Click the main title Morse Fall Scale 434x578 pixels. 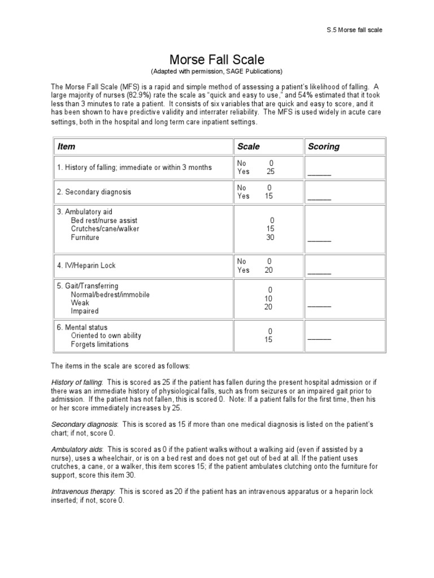click(217, 59)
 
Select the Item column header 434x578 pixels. click(66, 146)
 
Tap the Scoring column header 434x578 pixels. click(324, 146)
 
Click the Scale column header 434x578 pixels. click(249, 146)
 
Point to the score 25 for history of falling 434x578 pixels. click(270, 172)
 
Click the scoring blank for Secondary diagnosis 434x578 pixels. click(319, 198)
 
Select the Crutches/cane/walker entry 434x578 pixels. click(105, 229)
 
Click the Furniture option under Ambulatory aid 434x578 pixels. click(85, 238)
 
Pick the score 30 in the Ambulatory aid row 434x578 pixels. click(270, 238)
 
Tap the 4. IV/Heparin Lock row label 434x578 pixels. click(86, 265)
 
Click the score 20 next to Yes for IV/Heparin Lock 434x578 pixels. click(269, 270)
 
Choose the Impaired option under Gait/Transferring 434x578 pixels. click(85, 311)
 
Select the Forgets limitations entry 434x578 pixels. click(99, 344)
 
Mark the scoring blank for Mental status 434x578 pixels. click(319, 339)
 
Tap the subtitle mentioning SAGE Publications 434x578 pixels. click(216, 72)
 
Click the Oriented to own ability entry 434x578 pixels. click(106, 336)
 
